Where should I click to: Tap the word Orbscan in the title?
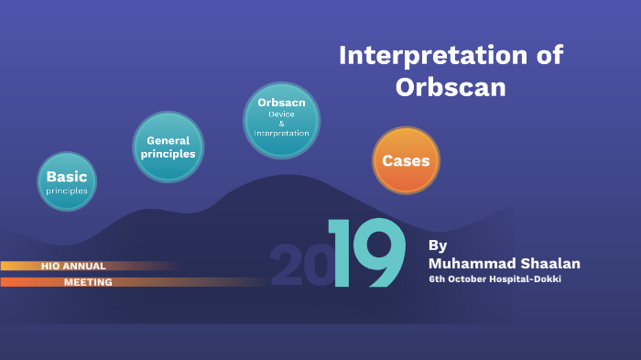click(x=451, y=88)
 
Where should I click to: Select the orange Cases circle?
click(x=406, y=160)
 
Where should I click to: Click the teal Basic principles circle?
click(x=67, y=181)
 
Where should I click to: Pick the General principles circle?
click(x=168, y=147)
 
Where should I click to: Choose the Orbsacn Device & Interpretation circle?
click(x=281, y=119)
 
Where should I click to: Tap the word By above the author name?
click(x=438, y=245)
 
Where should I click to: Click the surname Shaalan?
click(x=548, y=264)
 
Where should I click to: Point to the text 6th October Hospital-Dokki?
click(x=495, y=279)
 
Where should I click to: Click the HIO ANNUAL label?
click(x=73, y=266)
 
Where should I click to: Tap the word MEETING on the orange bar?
click(x=88, y=282)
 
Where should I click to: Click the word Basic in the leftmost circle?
click(x=67, y=176)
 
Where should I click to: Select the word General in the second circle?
click(x=168, y=140)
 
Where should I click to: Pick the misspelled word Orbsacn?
click(x=281, y=103)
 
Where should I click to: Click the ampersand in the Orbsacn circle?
click(x=281, y=123)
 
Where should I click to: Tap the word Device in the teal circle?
click(x=281, y=114)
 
